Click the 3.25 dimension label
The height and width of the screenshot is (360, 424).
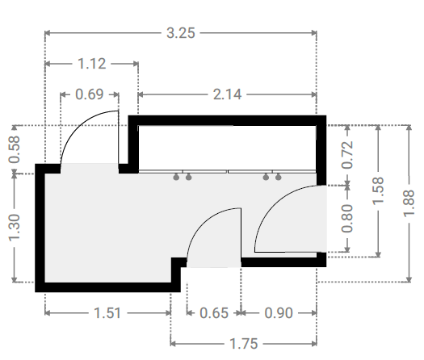(x=181, y=33)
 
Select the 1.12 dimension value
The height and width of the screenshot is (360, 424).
(x=92, y=64)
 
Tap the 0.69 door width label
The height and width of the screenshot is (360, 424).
(x=90, y=94)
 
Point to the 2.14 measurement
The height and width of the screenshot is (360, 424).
(x=227, y=94)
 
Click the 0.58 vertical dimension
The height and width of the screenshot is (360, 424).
(x=15, y=149)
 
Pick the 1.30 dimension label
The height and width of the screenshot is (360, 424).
(x=15, y=228)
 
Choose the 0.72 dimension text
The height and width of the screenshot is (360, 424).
(x=348, y=155)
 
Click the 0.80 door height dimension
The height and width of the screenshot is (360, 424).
(x=348, y=219)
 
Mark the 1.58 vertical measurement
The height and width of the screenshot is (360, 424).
(x=379, y=190)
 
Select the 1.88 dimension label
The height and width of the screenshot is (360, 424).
(x=409, y=203)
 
